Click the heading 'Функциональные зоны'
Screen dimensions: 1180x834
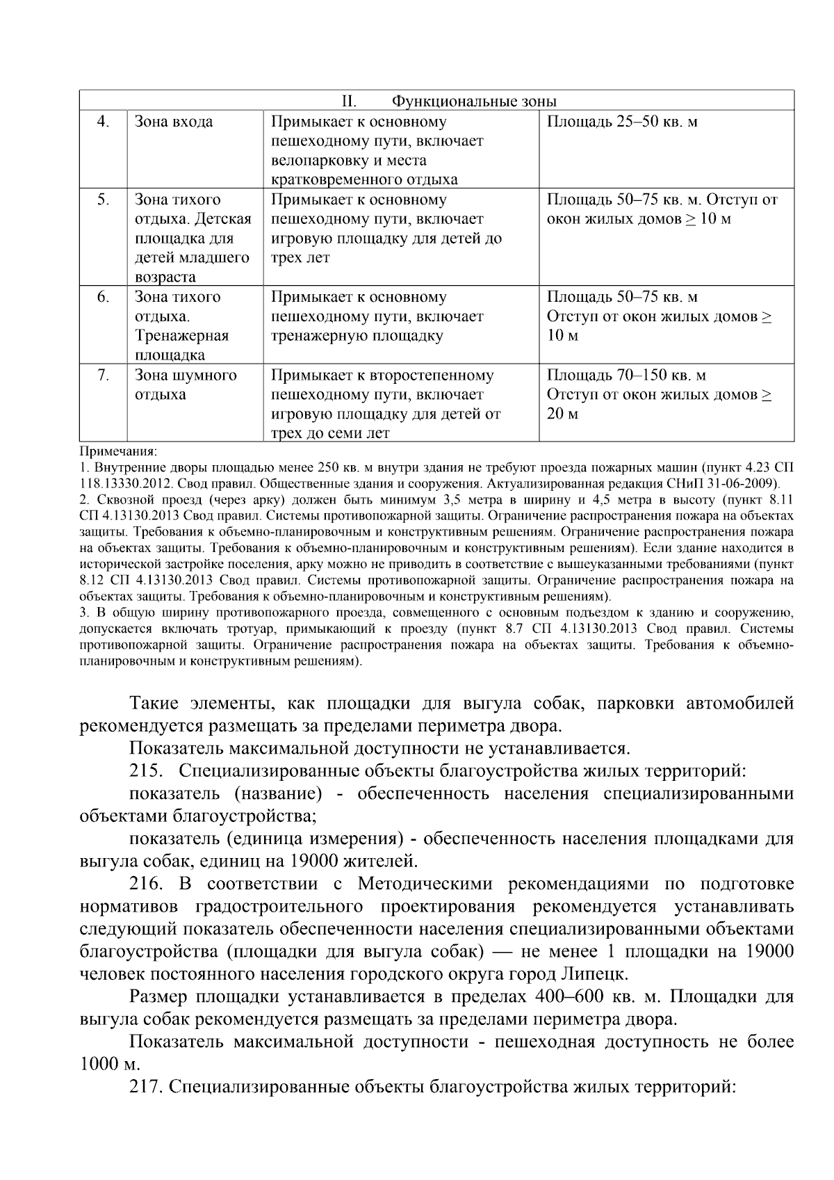click(x=474, y=102)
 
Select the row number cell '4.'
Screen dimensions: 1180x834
click(x=103, y=122)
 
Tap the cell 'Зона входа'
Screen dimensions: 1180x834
click(x=174, y=122)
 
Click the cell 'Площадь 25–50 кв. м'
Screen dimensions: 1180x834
click(x=622, y=122)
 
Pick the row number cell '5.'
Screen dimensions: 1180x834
click(x=103, y=200)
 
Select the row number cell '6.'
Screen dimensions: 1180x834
click(x=103, y=298)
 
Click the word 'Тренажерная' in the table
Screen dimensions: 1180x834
click(x=182, y=337)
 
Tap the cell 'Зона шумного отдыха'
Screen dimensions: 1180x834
click(x=186, y=385)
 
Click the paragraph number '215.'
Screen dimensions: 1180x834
click(x=147, y=771)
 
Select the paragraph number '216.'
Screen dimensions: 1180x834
click(x=147, y=884)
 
